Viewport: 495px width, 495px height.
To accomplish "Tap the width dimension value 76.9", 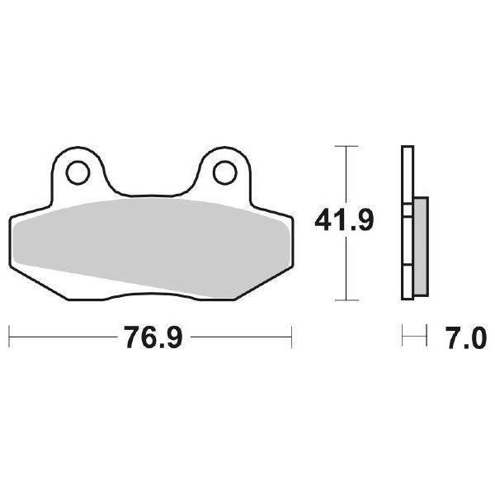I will [149, 337].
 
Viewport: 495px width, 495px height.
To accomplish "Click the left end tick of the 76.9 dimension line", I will [9, 337].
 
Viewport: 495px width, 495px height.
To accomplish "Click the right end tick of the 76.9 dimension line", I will [291, 337].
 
